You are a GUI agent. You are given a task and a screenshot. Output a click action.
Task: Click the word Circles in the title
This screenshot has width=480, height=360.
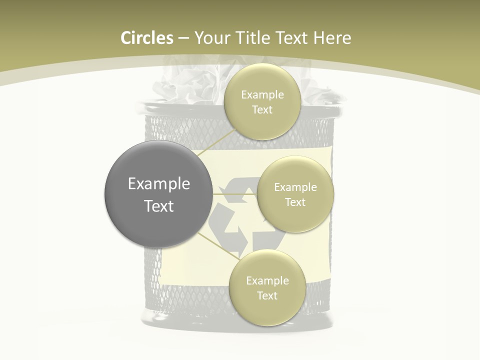click(x=147, y=38)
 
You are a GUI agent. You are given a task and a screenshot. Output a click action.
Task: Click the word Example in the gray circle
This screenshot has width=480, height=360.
click(x=158, y=183)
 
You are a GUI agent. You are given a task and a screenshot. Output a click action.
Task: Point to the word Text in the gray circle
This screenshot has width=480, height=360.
click(x=158, y=206)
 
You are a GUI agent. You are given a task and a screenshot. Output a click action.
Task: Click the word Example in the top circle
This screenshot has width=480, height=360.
click(x=262, y=94)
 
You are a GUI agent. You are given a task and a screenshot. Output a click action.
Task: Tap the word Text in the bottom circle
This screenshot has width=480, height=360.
click(x=267, y=295)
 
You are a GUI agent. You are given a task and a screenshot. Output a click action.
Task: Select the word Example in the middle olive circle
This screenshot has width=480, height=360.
click(x=295, y=187)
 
